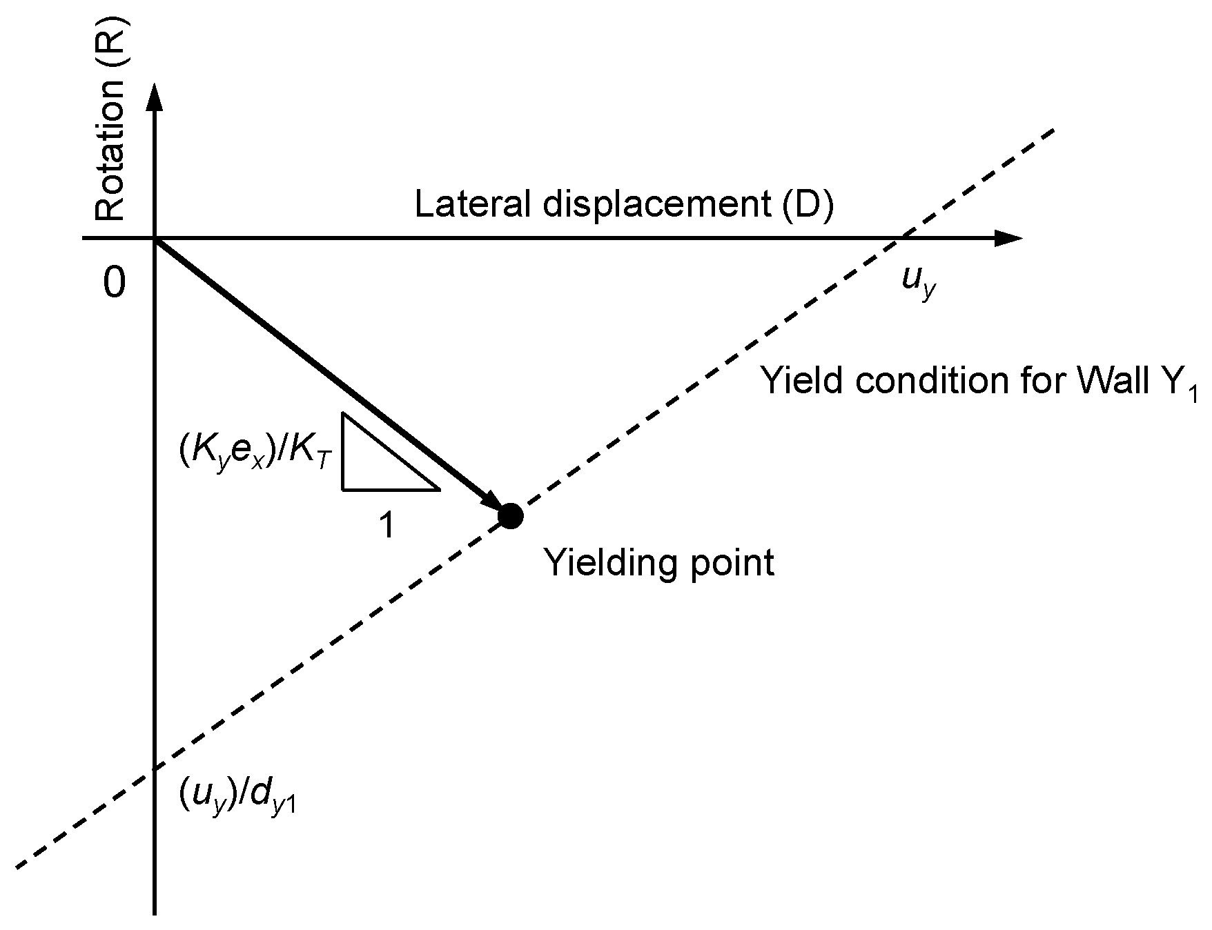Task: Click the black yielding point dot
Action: click(x=510, y=516)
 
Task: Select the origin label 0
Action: click(x=115, y=283)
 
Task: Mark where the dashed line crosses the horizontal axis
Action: click(x=901, y=239)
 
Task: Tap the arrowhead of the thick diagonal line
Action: click(x=494, y=504)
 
